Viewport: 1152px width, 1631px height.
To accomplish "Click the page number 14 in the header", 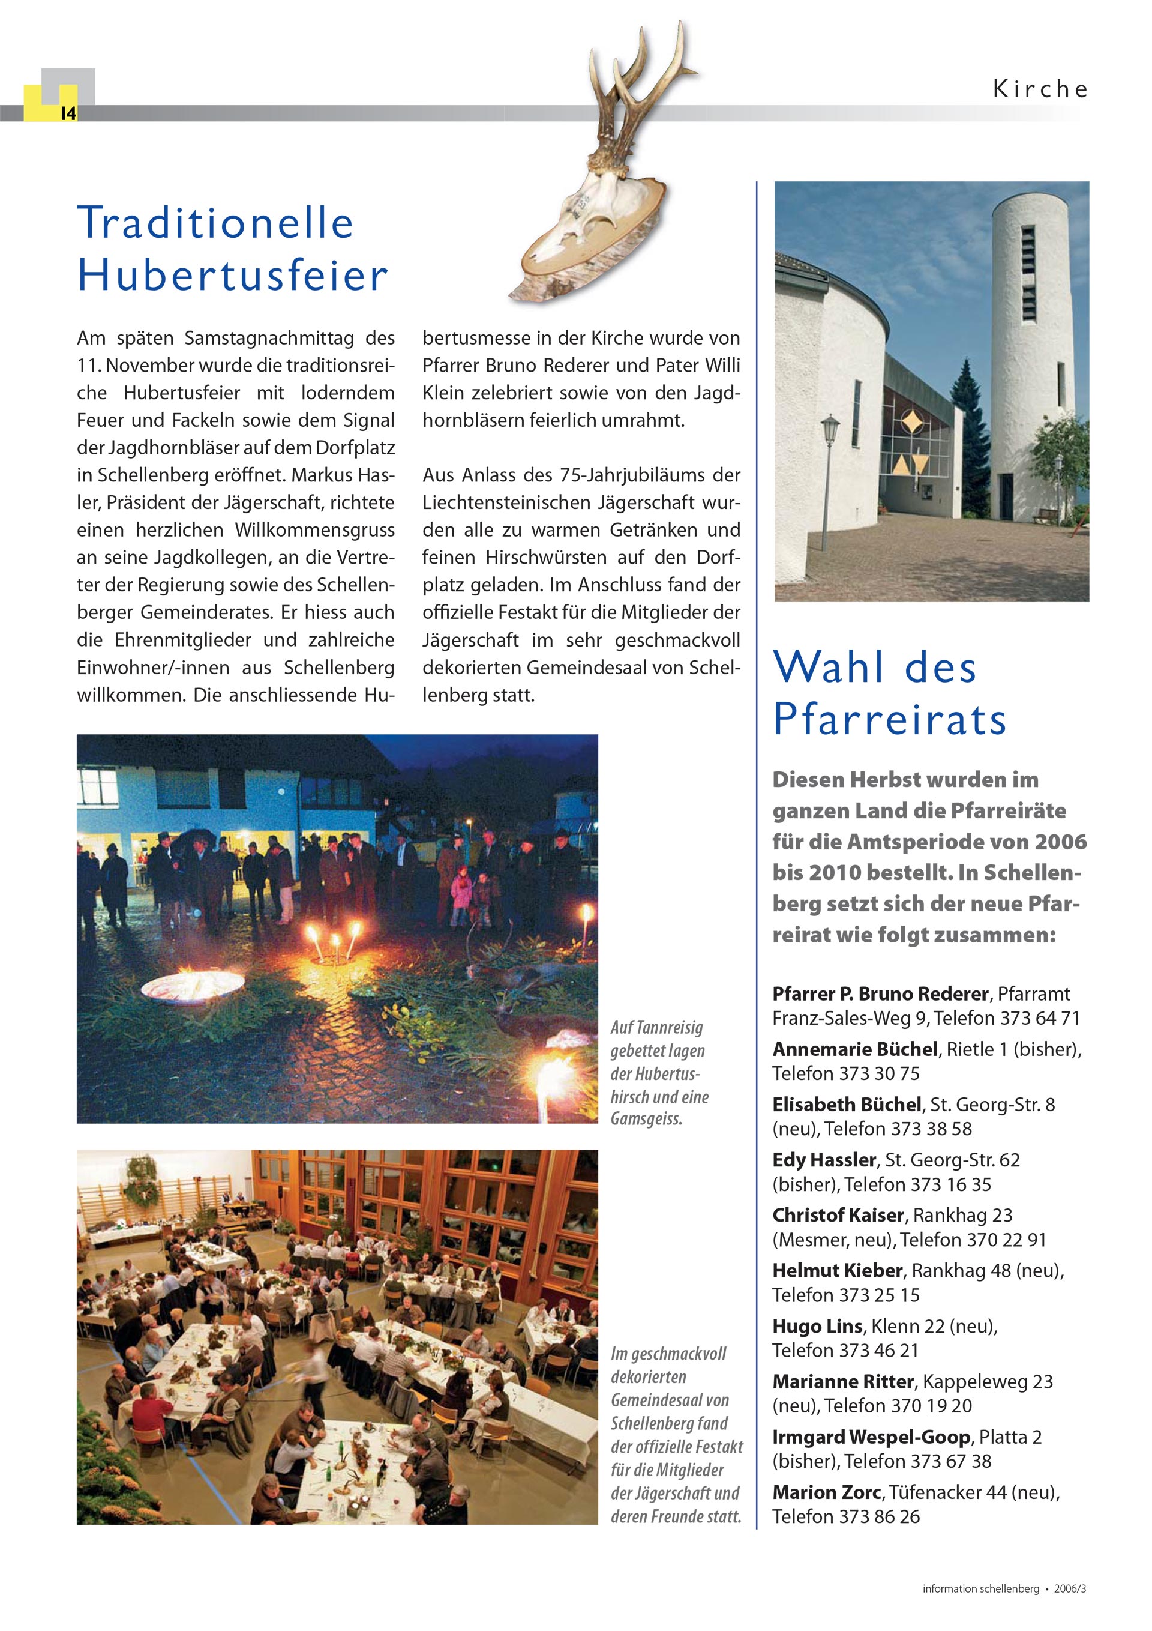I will [x=67, y=113].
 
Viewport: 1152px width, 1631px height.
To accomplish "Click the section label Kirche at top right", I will [x=1040, y=89].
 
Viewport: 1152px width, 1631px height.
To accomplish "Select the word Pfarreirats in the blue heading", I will [x=889, y=719].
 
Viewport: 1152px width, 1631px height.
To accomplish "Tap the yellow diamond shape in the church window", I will [x=911, y=426].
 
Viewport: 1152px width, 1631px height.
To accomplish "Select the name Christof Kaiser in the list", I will [x=838, y=1216].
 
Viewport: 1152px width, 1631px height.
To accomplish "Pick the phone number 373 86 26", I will [x=879, y=1516].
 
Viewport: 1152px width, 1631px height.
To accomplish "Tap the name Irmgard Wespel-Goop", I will [x=871, y=1437].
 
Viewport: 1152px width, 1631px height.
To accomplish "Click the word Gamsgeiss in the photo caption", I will [x=646, y=1120].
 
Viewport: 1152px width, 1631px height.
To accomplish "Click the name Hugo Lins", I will [x=817, y=1326].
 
